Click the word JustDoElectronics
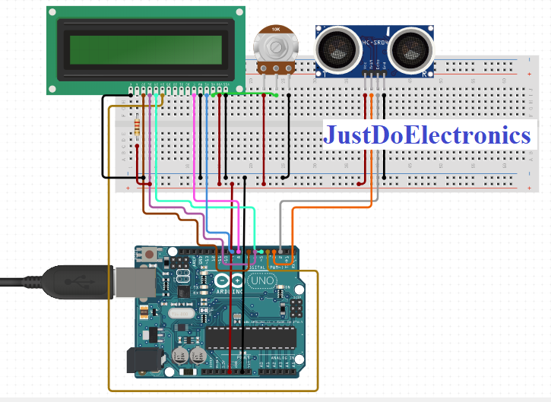pos(427,135)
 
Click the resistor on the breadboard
pos(137,126)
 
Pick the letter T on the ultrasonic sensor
pos(325,74)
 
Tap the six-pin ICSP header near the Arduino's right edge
pos(293,308)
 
